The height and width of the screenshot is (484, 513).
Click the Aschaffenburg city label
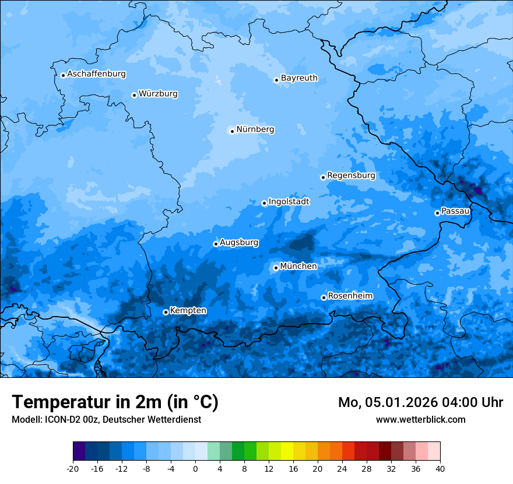coord(96,74)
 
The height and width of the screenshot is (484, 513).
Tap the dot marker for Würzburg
coord(134,95)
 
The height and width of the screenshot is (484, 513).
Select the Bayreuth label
coord(299,78)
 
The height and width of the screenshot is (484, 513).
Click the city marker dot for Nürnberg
coord(232,131)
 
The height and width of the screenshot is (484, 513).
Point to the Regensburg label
coord(351,176)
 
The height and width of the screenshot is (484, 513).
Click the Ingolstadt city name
coord(289,202)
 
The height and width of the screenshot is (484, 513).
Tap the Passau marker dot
coord(437,213)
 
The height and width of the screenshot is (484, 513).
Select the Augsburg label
coord(239,243)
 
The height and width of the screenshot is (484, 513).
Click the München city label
coord(298,266)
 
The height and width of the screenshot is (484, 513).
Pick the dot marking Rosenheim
coord(324,298)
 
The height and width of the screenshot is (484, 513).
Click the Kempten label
coord(188,311)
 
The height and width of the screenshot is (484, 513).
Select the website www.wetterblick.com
coord(420,419)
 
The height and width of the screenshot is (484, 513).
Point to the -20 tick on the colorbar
coord(73,468)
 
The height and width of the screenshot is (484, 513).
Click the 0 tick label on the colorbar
coord(195,468)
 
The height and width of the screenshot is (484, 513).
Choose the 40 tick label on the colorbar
coord(440,468)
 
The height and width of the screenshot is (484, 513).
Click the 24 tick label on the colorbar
coord(342,468)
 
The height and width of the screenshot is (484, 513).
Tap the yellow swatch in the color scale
coord(287,451)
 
